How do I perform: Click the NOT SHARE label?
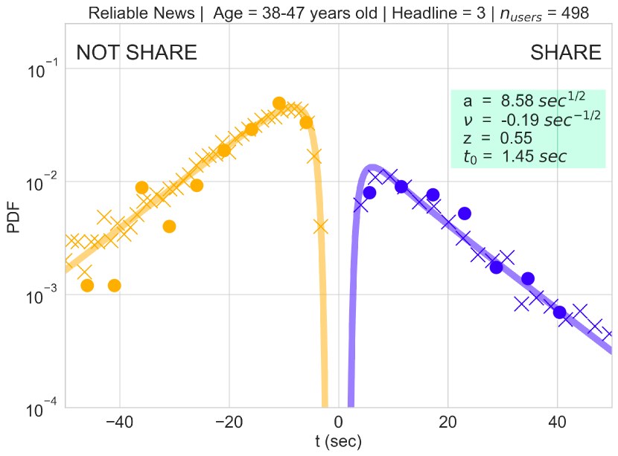click(137, 53)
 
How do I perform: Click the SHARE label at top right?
click(565, 53)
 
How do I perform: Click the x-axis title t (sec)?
click(338, 442)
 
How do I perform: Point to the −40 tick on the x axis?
click(119, 422)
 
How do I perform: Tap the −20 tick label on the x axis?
click(229, 422)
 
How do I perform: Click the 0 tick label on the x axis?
click(339, 422)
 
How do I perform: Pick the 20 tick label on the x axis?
click(447, 422)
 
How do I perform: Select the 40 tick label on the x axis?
click(557, 422)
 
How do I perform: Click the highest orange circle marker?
click(279, 103)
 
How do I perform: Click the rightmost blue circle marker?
click(559, 312)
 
